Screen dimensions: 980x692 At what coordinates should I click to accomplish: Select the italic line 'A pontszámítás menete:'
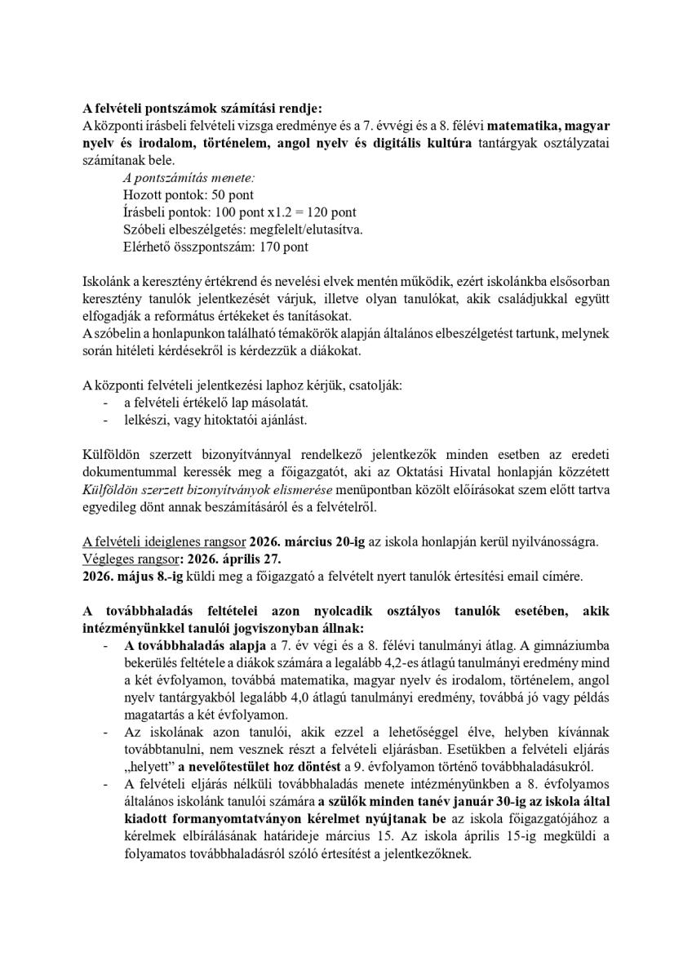click(175, 177)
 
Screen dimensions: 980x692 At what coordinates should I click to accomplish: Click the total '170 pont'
click(286, 246)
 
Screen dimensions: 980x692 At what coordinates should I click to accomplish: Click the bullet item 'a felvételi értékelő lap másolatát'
click(215, 403)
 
